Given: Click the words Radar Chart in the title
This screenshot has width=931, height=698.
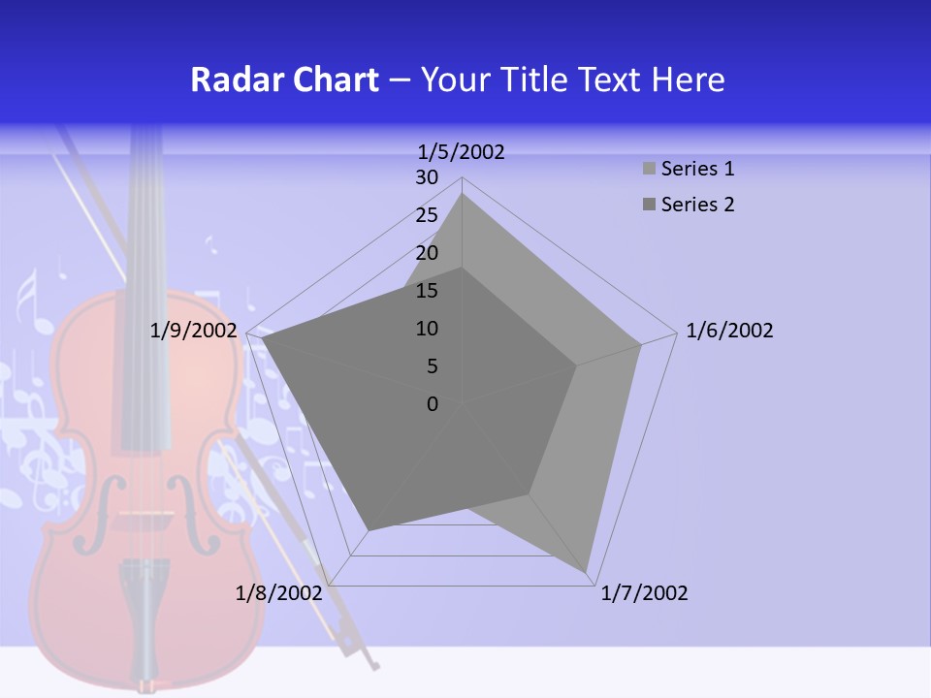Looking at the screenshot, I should pos(284,79).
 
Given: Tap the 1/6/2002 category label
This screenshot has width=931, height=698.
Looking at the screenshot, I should pos(729,331).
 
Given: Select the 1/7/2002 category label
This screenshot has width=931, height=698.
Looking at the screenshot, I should pos(644,593).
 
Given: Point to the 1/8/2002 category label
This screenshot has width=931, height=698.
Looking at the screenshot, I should pos(278,593).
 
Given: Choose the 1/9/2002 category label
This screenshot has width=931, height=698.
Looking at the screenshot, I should pos(193,331).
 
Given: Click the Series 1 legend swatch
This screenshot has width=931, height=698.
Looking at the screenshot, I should pos(648,170).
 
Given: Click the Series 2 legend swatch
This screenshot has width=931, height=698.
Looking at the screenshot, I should pos(648,205).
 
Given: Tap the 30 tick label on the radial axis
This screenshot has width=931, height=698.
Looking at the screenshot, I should pos(427,177).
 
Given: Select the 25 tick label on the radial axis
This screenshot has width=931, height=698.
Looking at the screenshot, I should pos(427,215).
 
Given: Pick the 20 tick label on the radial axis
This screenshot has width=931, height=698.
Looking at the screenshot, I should pos(427,253).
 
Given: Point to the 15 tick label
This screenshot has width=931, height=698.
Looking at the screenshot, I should pos(427,291).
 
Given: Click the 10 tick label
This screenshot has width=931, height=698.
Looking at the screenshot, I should pos(427,329).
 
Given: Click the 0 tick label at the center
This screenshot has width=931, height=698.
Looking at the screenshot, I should pos(433,403).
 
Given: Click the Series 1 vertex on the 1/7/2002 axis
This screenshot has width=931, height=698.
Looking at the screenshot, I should pos(588,574).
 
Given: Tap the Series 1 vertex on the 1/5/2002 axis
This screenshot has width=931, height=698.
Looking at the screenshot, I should pos(462,194).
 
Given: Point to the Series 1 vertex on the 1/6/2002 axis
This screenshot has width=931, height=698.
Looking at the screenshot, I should pos(640,344).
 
